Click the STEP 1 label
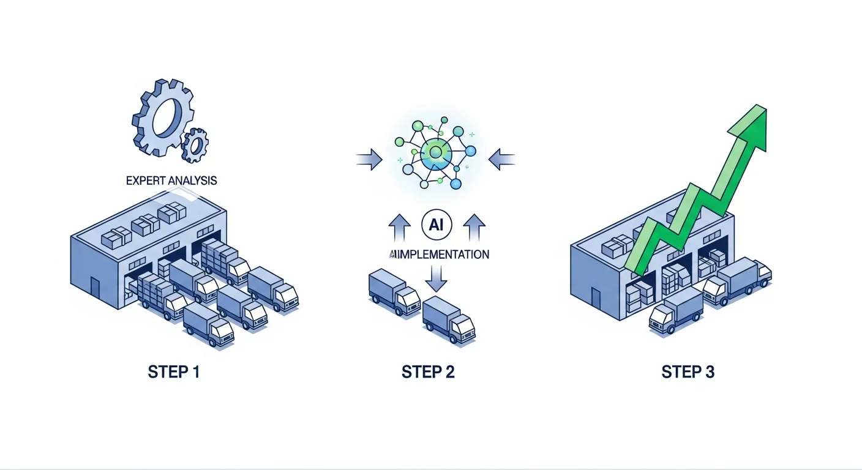coord(174,371)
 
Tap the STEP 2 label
coord(428,371)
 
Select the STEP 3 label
coord(688,371)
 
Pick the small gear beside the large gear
coord(195,145)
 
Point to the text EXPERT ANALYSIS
coord(171,181)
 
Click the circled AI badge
coord(437,225)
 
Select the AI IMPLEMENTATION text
coord(439,254)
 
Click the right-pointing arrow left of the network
coord(369,160)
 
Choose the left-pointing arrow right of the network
coord(502,160)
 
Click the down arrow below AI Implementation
coord(436,280)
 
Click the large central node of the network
coord(436,151)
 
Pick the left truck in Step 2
coord(394,293)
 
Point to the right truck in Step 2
coord(449,319)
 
